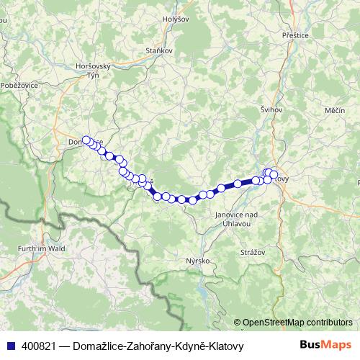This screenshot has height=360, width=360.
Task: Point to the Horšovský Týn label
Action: tap(92, 70)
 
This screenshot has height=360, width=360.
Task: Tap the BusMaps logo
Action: tap(325, 346)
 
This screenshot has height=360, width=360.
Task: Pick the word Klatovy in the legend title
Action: tap(225, 346)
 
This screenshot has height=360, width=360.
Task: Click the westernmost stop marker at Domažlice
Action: tap(86, 140)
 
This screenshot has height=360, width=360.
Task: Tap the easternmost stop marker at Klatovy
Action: tap(274, 174)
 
